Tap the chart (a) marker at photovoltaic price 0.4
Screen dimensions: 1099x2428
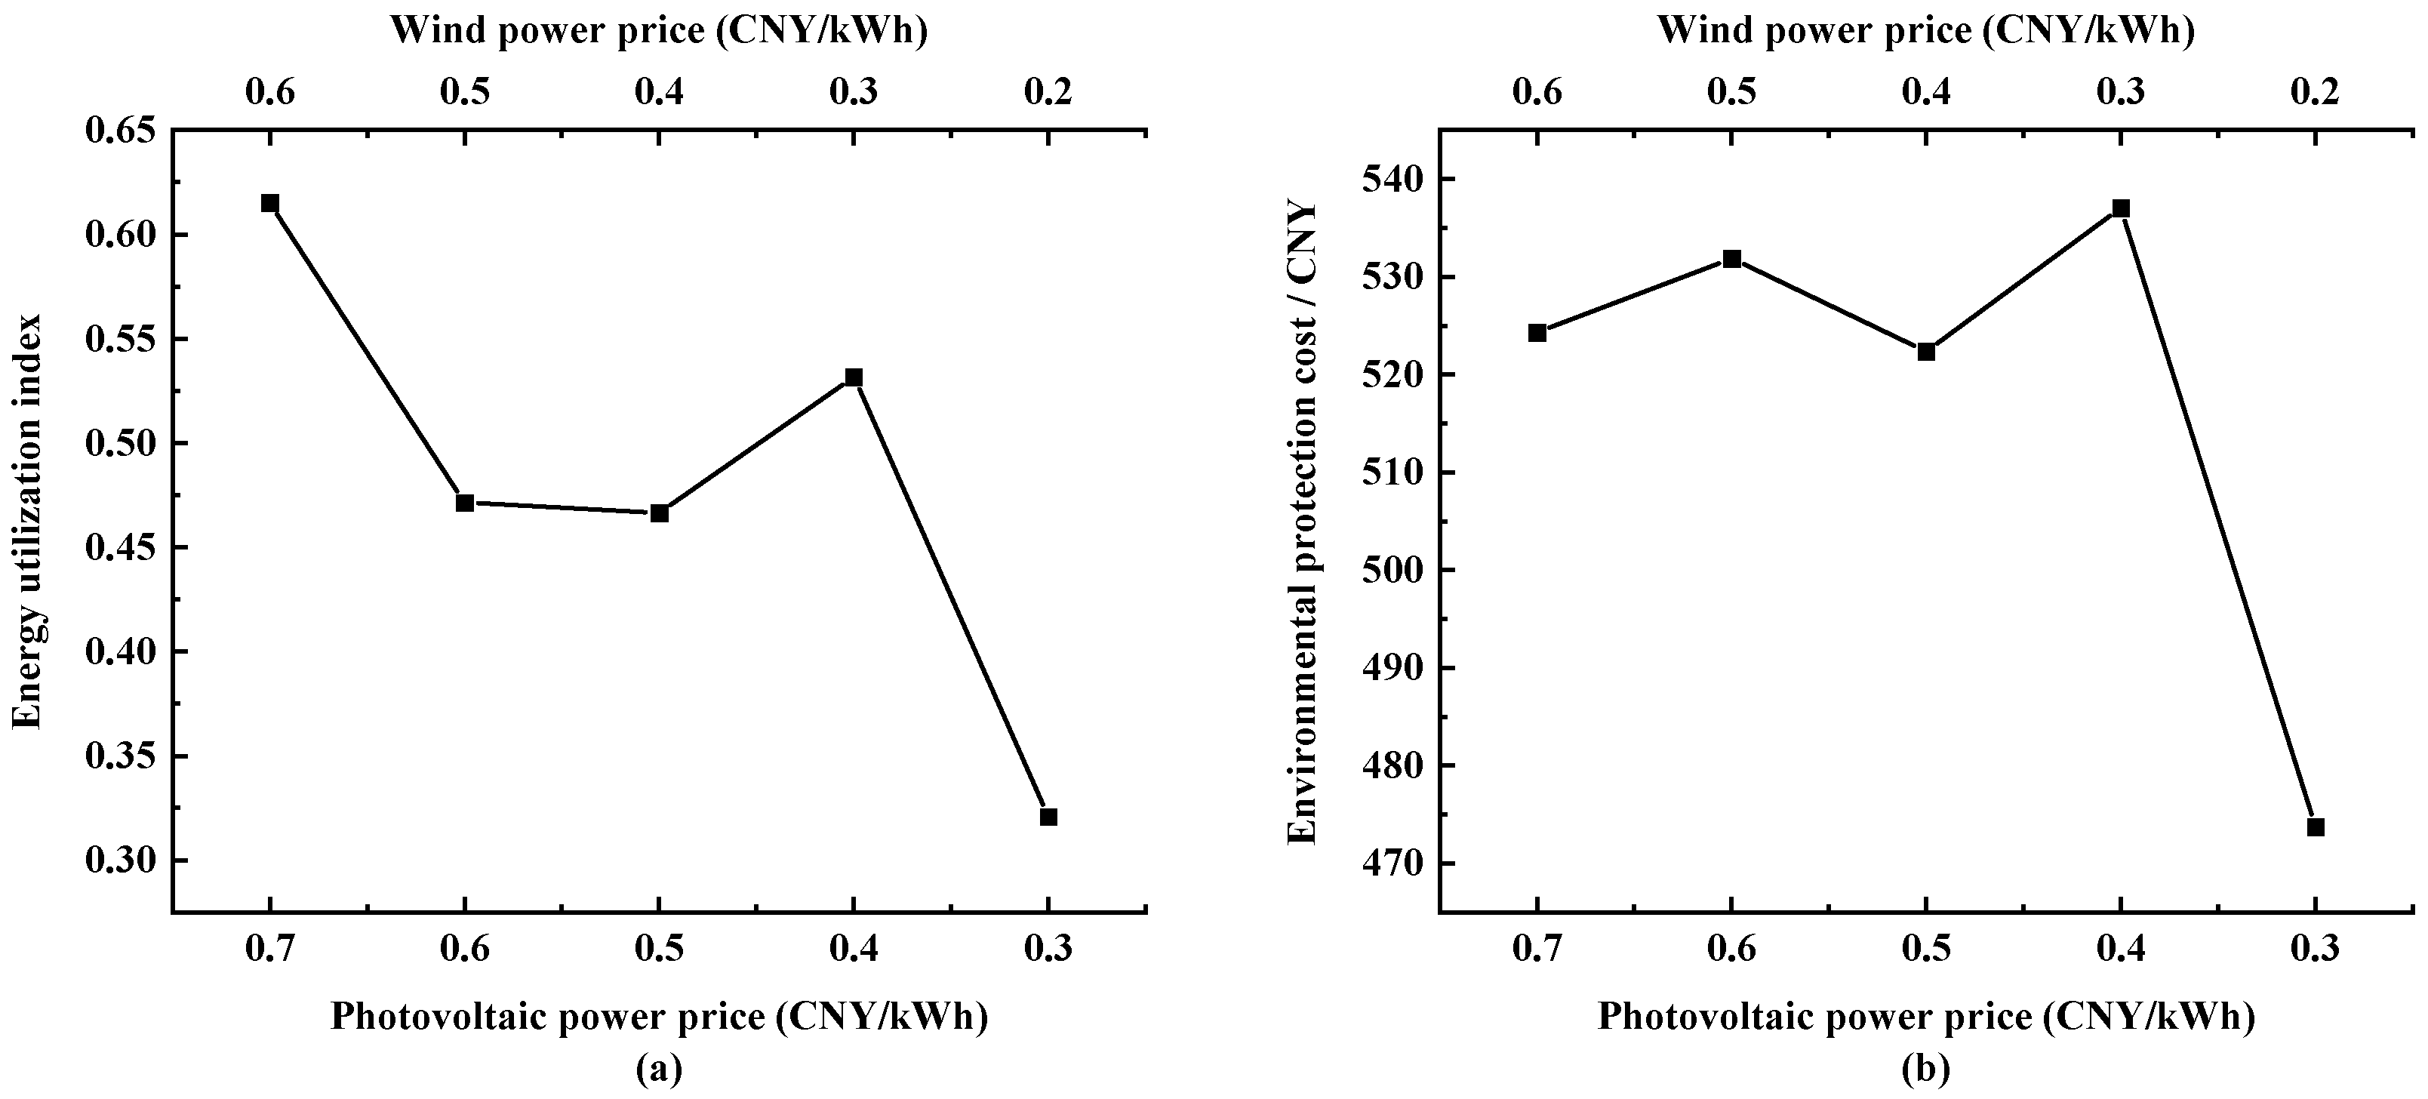tap(854, 377)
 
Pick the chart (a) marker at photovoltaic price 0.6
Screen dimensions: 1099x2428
tap(465, 503)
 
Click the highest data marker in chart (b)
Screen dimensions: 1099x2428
tap(2121, 208)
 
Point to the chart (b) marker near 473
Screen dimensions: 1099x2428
tap(2315, 827)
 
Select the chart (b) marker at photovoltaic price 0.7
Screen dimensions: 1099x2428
tap(1537, 333)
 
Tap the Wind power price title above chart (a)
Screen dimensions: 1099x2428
tap(659, 31)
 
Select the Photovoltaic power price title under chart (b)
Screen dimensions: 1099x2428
tap(1925, 1017)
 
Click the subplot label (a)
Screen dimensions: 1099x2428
tap(659, 1069)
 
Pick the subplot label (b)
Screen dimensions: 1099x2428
tap(1925, 1069)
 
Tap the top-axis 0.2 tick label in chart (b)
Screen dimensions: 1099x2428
tap(2315, 92)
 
